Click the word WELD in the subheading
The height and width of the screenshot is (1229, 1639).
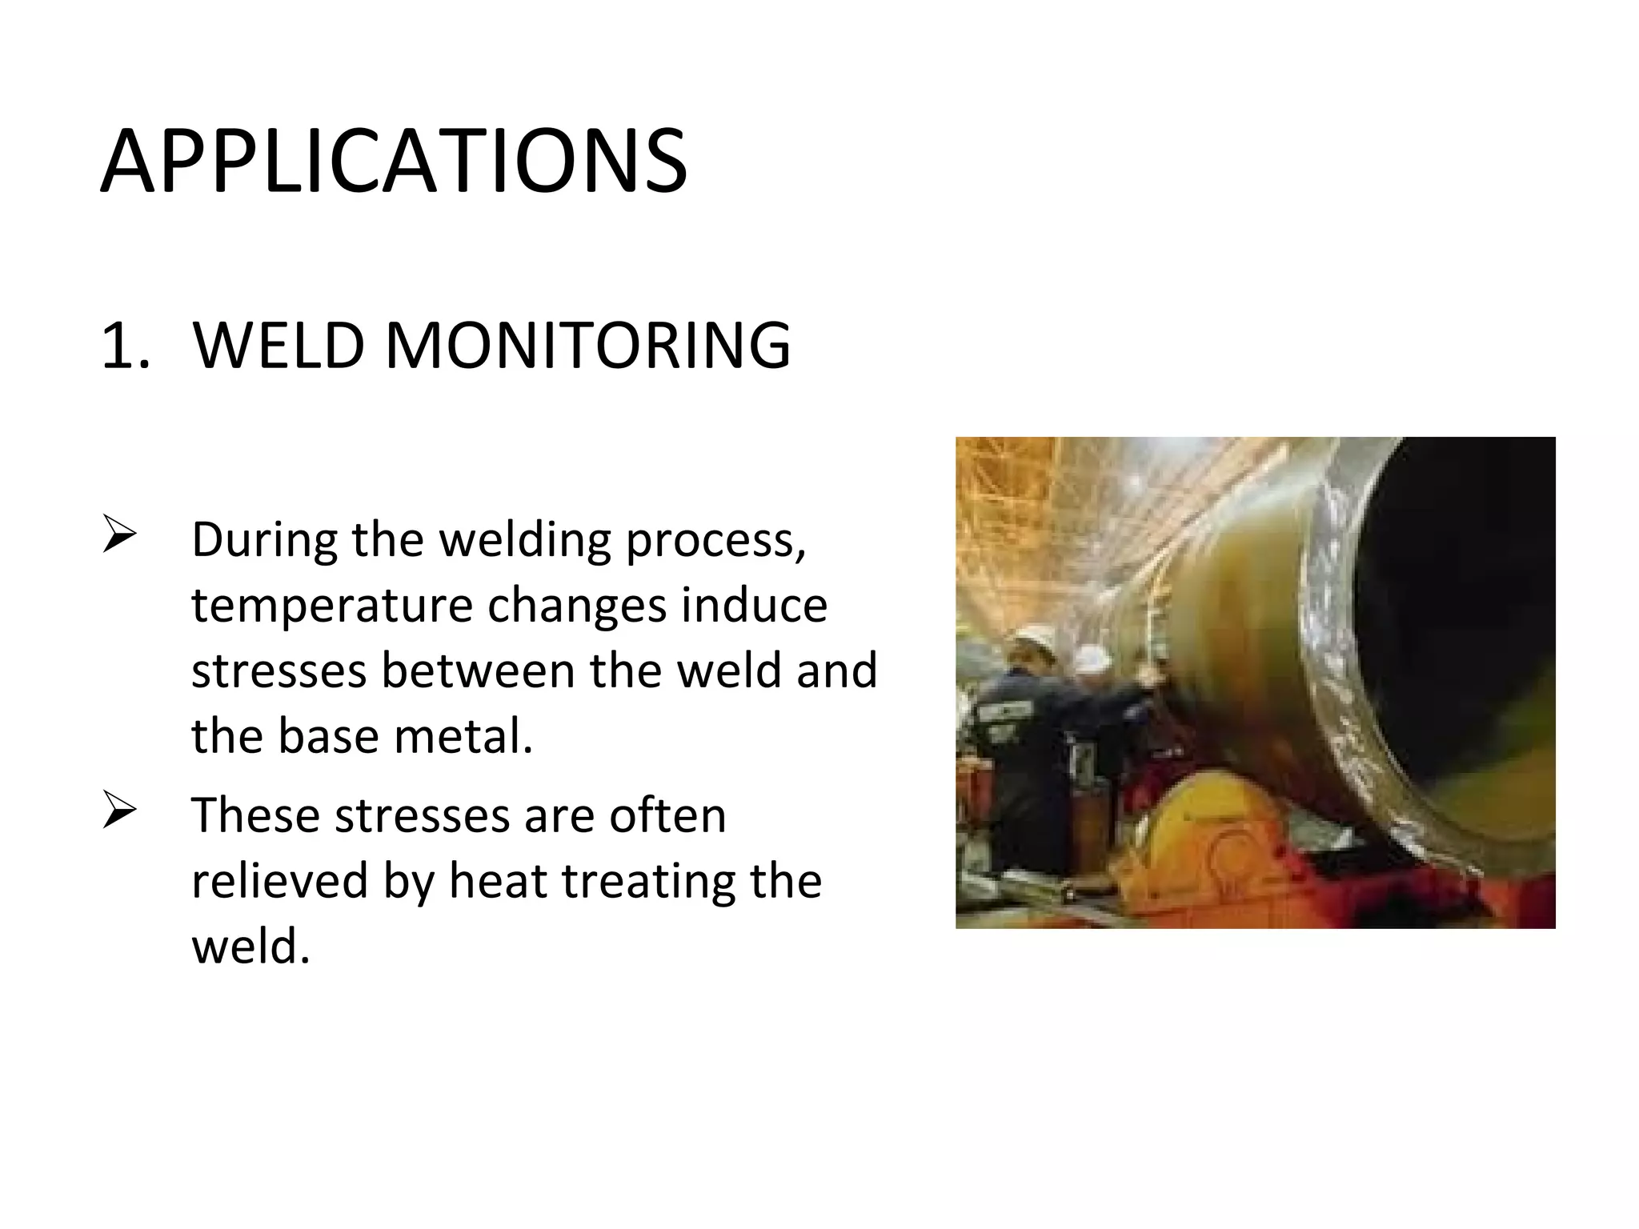pos(278,346)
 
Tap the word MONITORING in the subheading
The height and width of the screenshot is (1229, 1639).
pos(588,346)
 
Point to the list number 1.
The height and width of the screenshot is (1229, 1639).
pos(124,346)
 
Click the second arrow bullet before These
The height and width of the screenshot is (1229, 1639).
pos(120,811)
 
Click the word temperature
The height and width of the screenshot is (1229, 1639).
pos(331,606)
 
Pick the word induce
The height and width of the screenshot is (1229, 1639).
pos(754,605)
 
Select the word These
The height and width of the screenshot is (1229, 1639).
pos(256,815)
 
